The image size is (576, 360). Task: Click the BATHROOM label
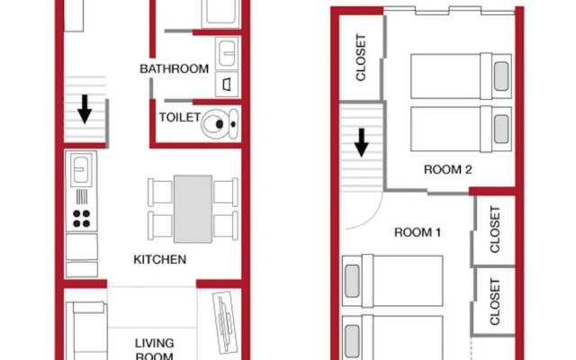pyautogui.click(x=174, y=68)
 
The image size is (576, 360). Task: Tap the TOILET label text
pyautogui.click(x=180, y=117)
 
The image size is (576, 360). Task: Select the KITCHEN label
pyautogui.click(x=160, y=259)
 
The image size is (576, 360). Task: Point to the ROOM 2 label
pyautogui.click(x=448, y=169)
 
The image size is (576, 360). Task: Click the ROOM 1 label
pyautogui.click(x=418, y=232)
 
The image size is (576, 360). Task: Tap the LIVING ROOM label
pyautogui.click(x=154, y=349)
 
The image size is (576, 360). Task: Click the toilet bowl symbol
pyautogui.click(x=220, y=124)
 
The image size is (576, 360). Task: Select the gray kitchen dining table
pyautogui.click(x=193, y=209)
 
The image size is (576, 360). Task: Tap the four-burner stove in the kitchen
pyautogui.click(x=82, y=219)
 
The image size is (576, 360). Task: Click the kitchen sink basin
pyautogui.click(x=81, y=170)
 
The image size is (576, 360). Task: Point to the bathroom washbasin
pyautogui.click(x=227, y=53)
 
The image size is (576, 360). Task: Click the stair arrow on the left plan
pyautogui.click(x=85, y=109)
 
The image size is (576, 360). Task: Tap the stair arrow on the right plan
pyautogui.click(x=362, y=142)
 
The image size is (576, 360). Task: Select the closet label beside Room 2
pyautogui.click(x=361, y=58)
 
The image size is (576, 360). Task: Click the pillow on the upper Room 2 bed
pyautogui.click(x=501, y=76)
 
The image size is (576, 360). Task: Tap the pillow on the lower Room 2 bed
pyautogui.click(x=501, y=129)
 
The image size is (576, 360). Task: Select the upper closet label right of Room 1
pyautogui.click(x=495, y=229)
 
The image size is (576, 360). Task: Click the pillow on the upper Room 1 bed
pyautogui.click(x=352, y=281)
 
